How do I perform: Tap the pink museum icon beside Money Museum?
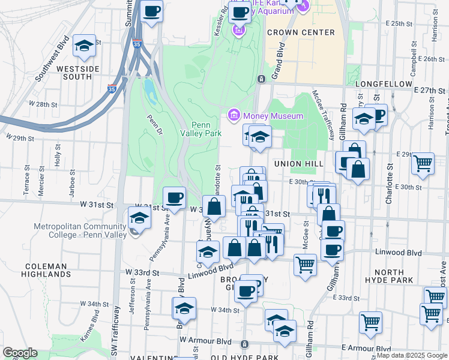pyautogui.click(x=234, y=115)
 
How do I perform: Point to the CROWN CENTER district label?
pyautogui.click(x=301, y=32)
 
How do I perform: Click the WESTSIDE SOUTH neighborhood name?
pyautogui.click(x=77, y=73)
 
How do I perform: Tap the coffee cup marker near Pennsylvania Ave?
pyautogui.click(x=174, y=197)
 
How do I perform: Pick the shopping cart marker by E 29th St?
pyautogui.click(x=423, y=163)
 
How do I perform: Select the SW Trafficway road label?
pyautogui.click(x=118, y=324)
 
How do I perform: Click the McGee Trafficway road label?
pyautogui.click(x=323, y=113)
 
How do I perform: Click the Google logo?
pyautogui.click(x=20, y=353)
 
